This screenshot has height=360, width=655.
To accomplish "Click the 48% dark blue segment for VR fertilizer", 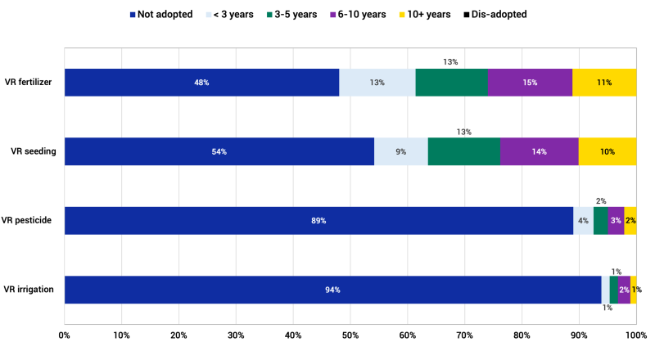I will [201, 83].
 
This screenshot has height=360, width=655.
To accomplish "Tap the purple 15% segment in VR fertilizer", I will [530, 83].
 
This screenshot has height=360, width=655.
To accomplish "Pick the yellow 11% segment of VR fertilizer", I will [604, 83].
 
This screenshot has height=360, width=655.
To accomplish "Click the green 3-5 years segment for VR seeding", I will [464, 151].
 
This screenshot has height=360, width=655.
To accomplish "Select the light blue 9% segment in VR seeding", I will [401, 151].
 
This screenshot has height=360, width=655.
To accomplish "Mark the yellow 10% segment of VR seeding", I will [608, 151].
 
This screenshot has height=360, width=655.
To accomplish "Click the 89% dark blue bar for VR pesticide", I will [318, 221].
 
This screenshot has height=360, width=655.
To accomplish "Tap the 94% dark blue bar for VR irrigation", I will [332, 290].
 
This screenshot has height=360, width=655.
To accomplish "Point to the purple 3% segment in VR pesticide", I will [616, 221].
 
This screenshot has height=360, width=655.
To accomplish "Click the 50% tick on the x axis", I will [350, 335].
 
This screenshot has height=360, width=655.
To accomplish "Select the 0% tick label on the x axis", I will [65, 335].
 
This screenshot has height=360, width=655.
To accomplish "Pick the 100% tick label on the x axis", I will [635, 335].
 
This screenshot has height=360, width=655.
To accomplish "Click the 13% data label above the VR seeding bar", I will [463, 131].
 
